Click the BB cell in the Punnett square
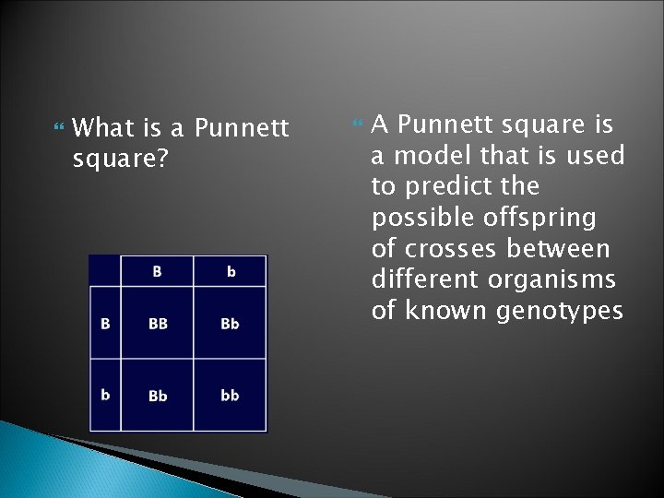[158, 324]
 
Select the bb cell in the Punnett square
[231, 395]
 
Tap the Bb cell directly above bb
[231, 324]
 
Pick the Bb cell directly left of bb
[158, 395]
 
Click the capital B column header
[158, 271]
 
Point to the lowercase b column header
[231, 271]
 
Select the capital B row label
[105, 324]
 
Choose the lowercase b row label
[105, 395]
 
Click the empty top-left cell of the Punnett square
[105, 271]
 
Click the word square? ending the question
[120, 159]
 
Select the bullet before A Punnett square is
[360, 124]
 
